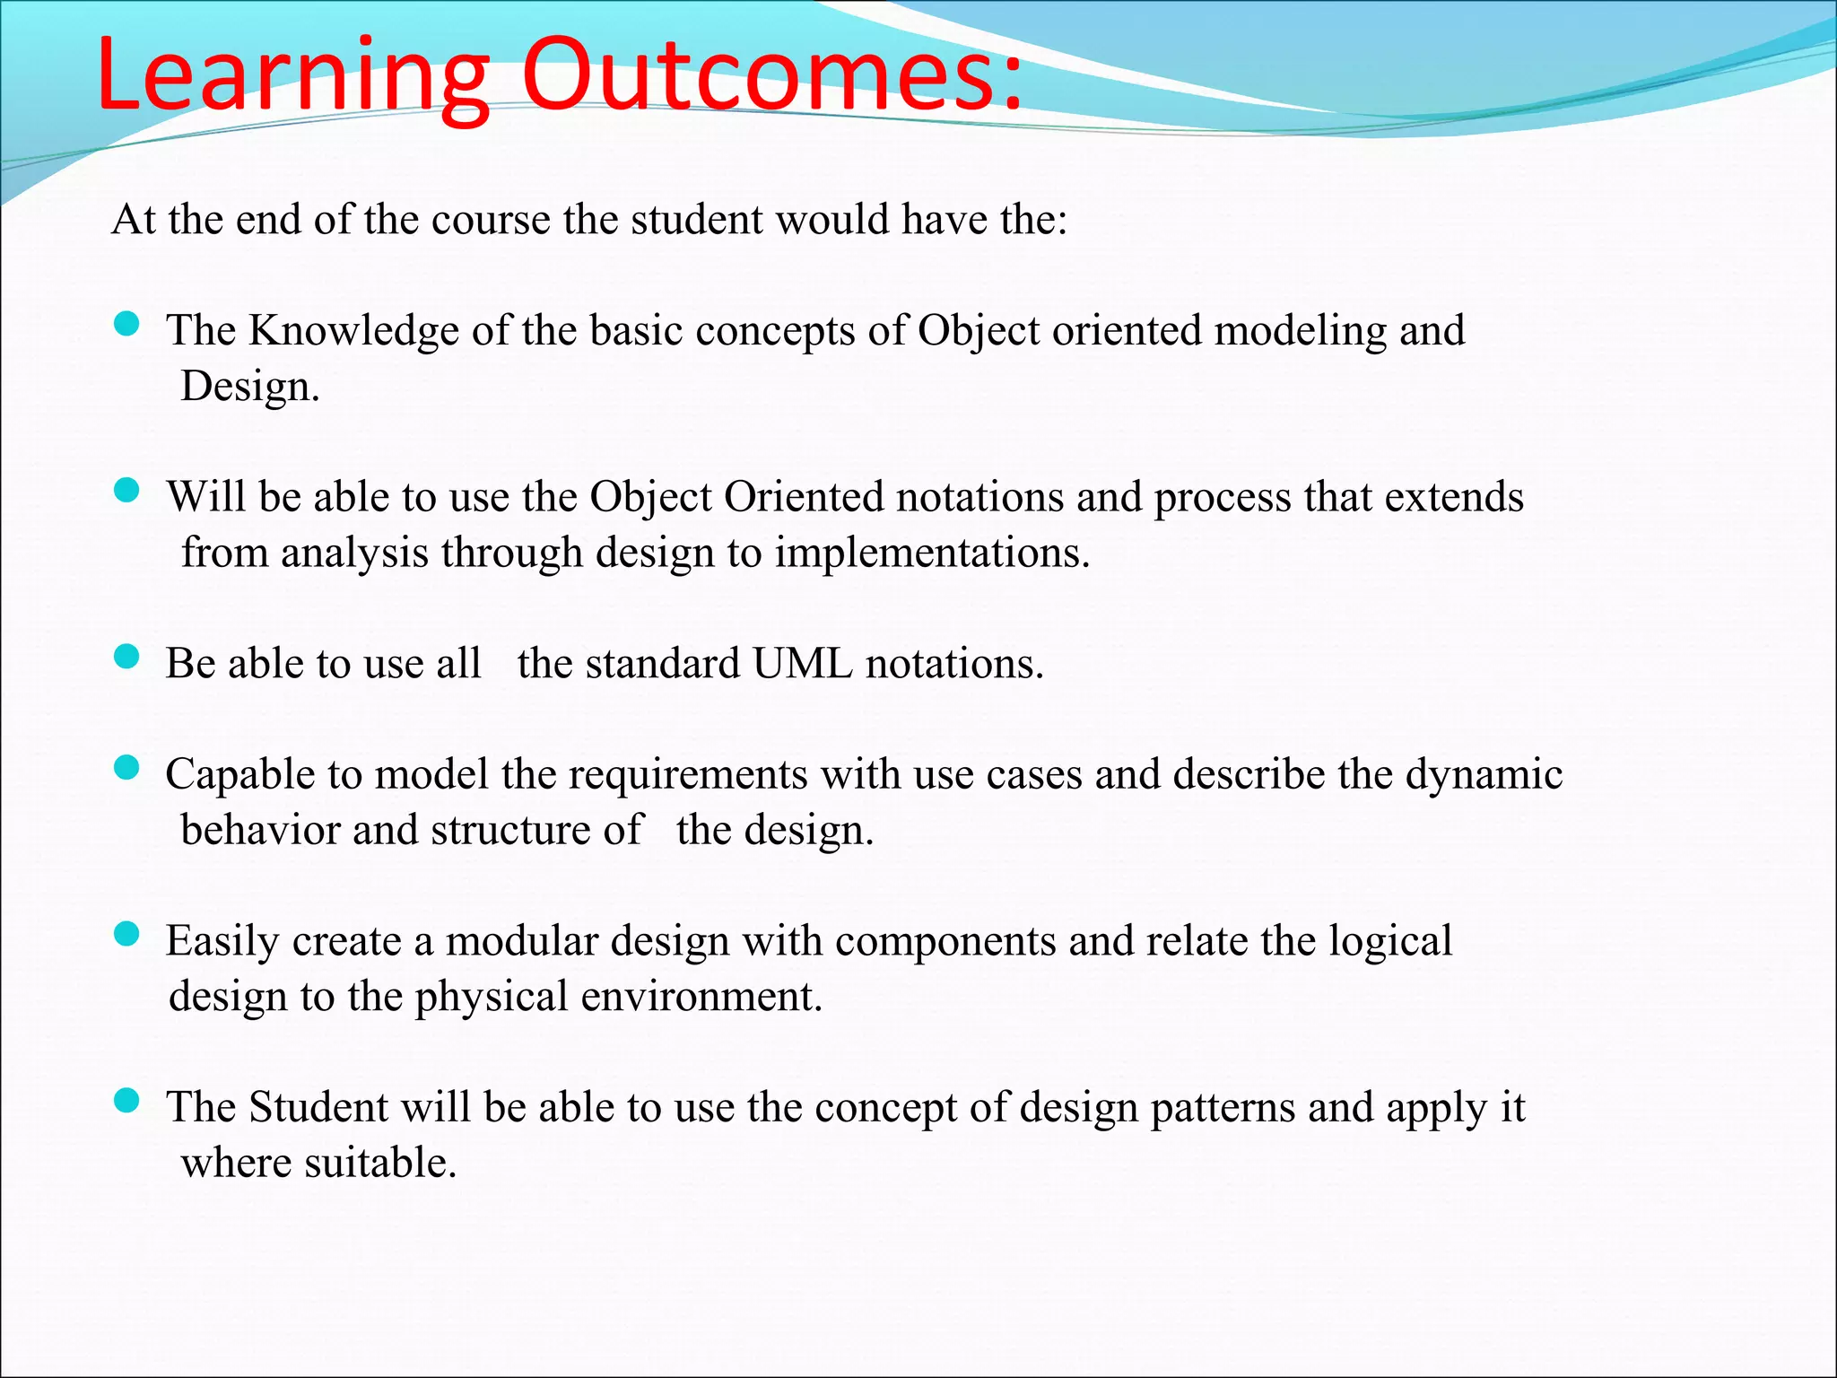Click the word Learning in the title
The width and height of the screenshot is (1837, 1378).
point(292,76)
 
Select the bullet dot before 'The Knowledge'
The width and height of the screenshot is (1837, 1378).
point(127,324)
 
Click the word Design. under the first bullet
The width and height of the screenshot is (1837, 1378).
point(249,387)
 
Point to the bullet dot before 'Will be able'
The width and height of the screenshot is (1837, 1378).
point(127,490)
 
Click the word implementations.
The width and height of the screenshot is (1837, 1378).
point(932,553)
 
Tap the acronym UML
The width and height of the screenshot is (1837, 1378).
point(802,664)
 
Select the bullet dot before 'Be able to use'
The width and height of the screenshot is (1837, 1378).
point(127,657)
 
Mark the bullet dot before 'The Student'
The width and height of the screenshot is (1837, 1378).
point(127,1101)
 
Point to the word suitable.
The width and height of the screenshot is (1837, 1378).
point(380,1163)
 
